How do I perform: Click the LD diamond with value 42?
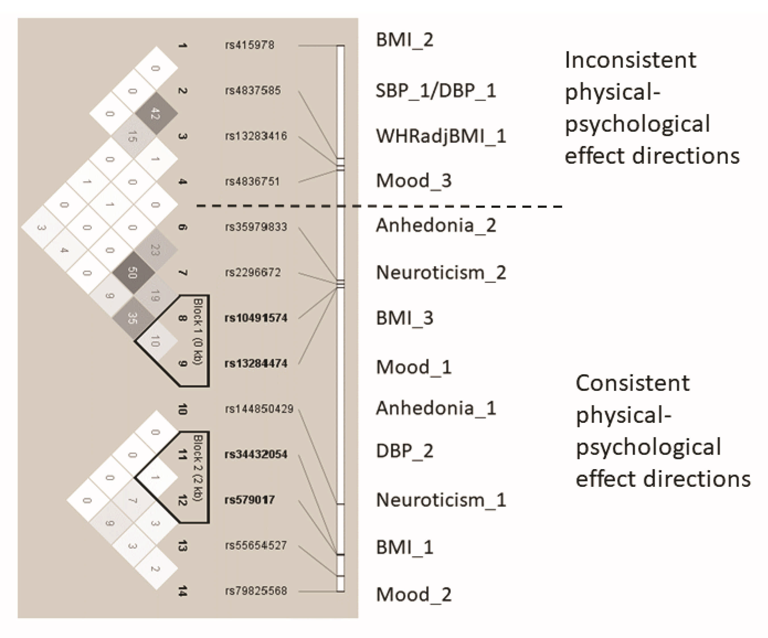(x=156, y=113)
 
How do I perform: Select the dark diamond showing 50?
(x=133, y=273)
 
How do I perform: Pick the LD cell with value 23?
(x=156, y=250)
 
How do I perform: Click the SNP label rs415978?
(x=249, y=45)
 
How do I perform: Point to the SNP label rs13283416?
(x=256, y=136)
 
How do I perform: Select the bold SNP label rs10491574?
(x=256, y=318)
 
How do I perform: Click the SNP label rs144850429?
(x=259, y=409)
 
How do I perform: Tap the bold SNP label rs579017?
(x=249, y=500)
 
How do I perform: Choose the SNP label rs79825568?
(x=256, y=591)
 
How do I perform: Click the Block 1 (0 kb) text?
(x=198, y=331)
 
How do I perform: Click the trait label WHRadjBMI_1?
(x=441, y=136)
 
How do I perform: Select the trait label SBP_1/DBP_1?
(x=436, y=90)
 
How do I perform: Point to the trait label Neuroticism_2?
(x=441, y=273)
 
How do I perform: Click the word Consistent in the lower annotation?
(x=632, y=383)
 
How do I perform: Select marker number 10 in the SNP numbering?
(x=182, y=409)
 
